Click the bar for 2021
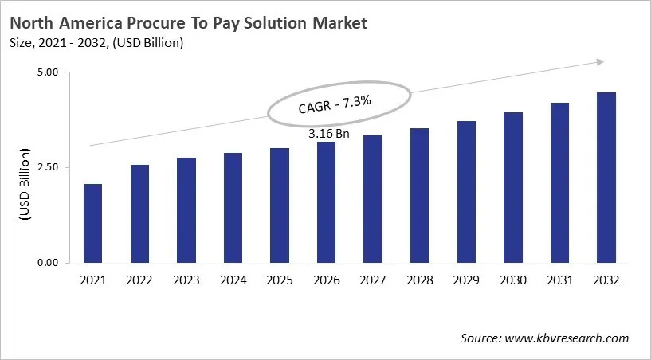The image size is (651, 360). point(92,223)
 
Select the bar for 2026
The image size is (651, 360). point(326,202)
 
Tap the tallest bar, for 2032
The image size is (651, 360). point(606,178)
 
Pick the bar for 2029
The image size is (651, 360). point(466,192)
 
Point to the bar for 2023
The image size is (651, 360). point(186,210)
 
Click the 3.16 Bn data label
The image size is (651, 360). point(329,133)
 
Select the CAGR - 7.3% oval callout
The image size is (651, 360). point(339,104)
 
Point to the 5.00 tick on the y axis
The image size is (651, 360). point(49,72)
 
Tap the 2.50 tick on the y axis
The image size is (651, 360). point(49,167)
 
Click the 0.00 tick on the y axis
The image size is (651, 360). point(49,262)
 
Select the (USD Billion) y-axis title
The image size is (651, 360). point(24,183)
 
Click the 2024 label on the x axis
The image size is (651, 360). point(233,280)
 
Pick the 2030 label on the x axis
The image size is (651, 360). point(513,280)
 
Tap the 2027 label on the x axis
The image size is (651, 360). point(373,280)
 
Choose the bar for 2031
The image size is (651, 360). point(559,182)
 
